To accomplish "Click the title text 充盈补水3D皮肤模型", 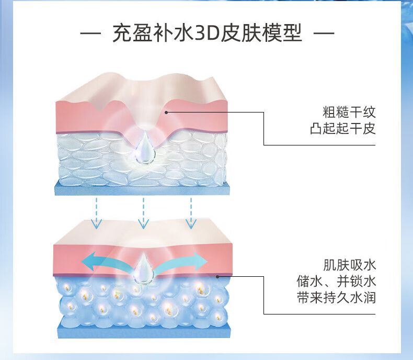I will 207,34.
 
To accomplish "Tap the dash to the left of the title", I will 92,35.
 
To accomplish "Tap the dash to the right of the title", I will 323,35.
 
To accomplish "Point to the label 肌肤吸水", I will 349,264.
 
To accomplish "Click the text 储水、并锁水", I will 335,281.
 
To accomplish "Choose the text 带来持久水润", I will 335,298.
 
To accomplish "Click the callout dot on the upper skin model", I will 167,111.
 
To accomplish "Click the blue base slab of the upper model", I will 141,188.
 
